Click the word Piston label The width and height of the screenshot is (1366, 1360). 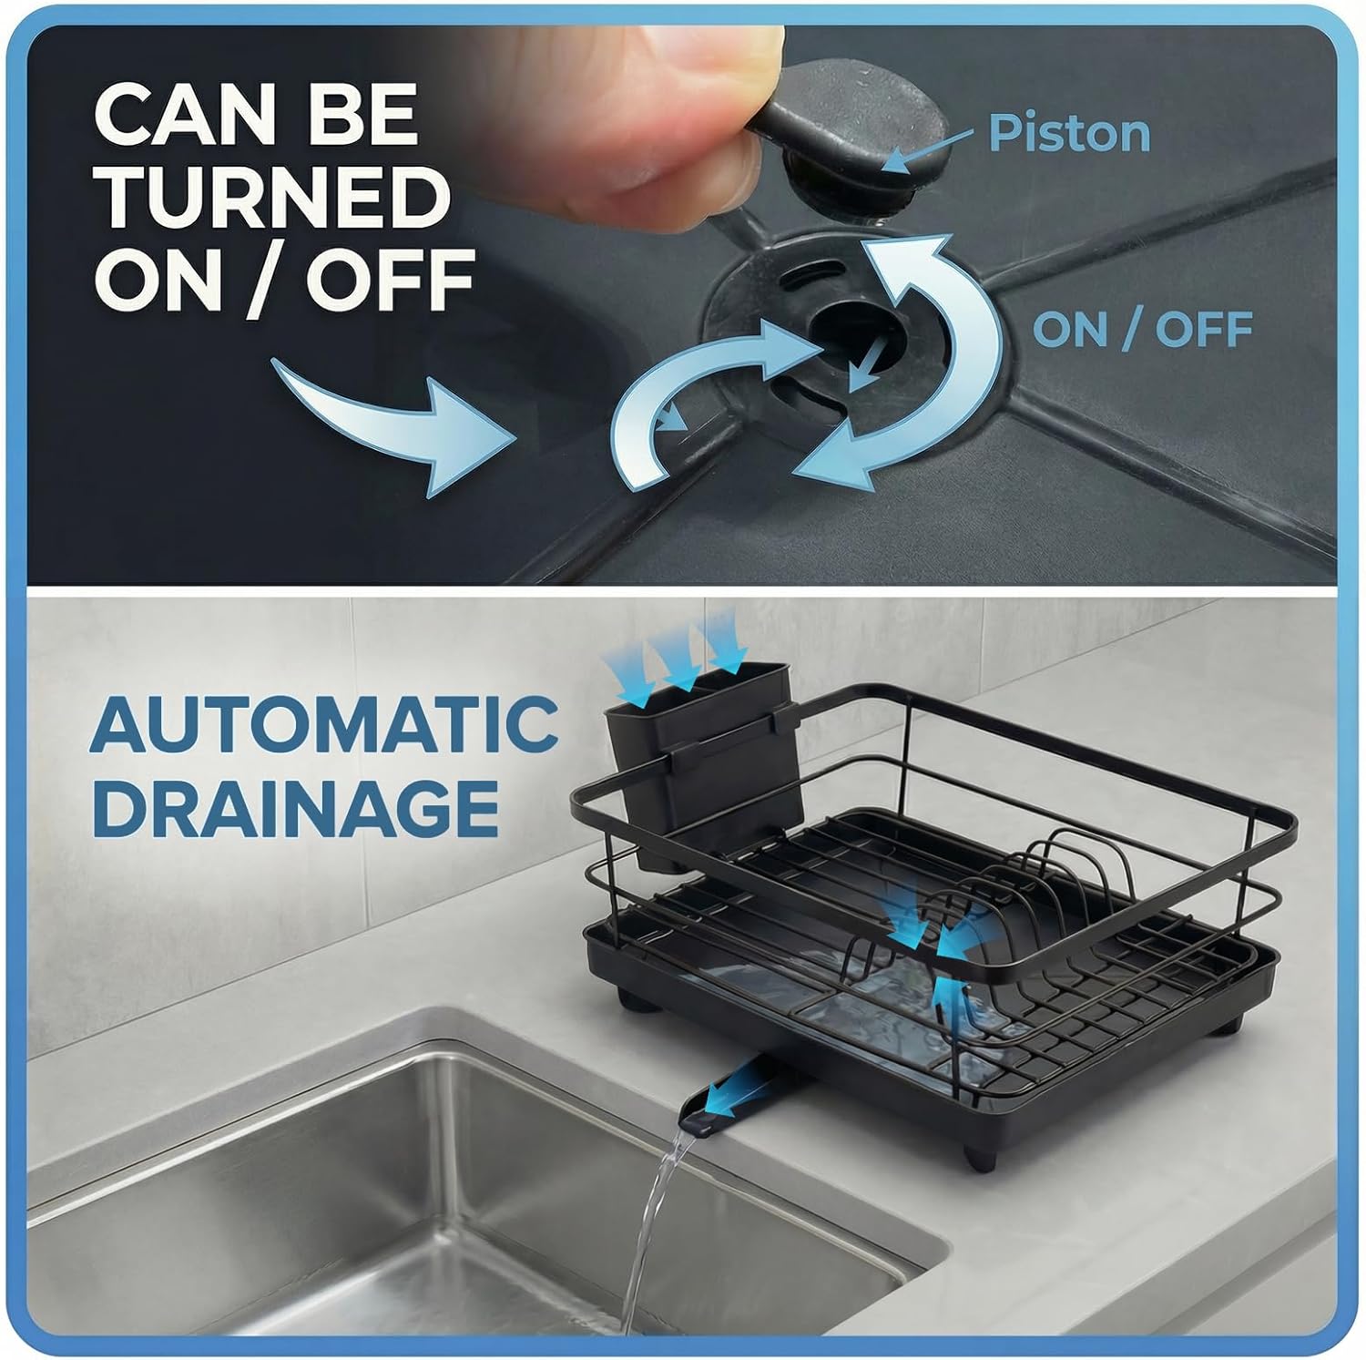(x=1068, y=133)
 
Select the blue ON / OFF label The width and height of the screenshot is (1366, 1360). (x=1142, y=329)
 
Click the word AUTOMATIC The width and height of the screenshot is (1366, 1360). (x=323, y=726)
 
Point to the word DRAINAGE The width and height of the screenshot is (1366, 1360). (x=296, y=807)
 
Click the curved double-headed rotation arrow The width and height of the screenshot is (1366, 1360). (x=920, y=364)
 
